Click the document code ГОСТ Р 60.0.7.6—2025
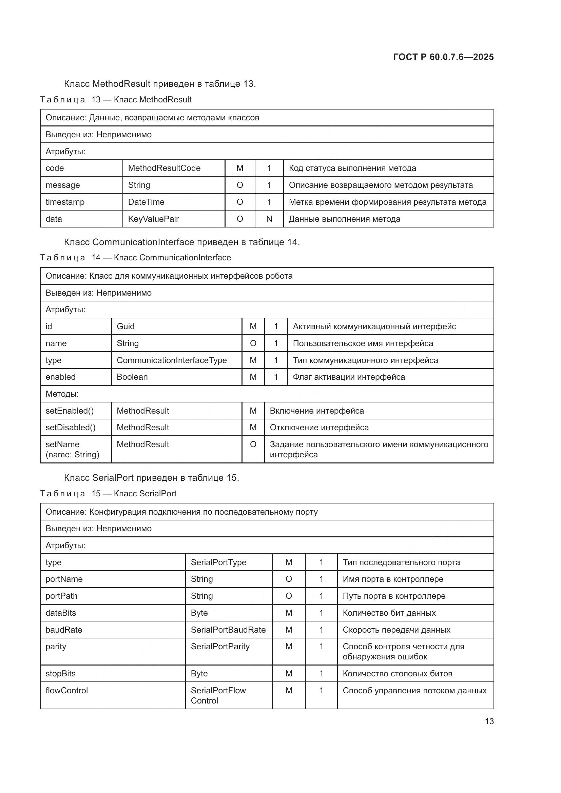coord(443,57)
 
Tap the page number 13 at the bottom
coord(489,721)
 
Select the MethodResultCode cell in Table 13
coord(164,168)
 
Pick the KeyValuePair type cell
coord(153,219)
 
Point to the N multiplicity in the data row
coord(269,219)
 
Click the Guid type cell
coord(126,326)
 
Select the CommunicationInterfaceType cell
coord(172,360)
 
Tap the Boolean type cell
coord(132,377)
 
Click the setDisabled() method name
coord(71,428)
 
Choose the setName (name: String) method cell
coord(72,449)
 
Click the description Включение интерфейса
coord(317,411)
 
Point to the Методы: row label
coord(62,394)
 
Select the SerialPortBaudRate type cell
coord(228,630)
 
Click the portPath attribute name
coord(61,596)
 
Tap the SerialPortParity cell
coord(220,647)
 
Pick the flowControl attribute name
coord(67,691)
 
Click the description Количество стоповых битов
coord(397,674)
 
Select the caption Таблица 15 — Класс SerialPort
coord(108,494)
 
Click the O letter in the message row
coord(240,185)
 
